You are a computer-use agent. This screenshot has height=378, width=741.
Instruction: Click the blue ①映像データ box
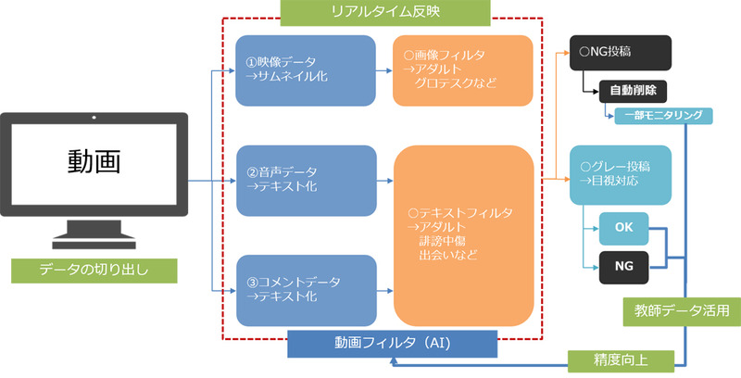click(306, 69)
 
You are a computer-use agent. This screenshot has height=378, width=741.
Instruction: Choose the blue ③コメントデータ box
click(306, 289)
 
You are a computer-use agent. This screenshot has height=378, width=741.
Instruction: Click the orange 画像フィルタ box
click(462, 69)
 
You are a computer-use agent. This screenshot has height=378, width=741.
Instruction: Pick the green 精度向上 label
click(615, 359)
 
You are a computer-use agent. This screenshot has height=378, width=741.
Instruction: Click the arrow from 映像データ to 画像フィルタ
click(383, 69)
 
